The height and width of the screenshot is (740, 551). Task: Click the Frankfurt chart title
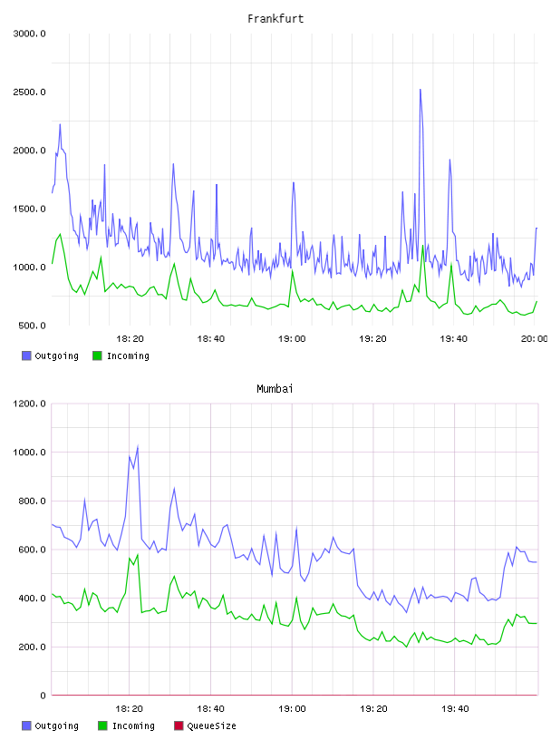point(275,19)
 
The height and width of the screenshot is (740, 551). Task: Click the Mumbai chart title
point(275,389)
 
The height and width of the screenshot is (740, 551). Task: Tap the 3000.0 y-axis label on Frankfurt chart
point(29,34)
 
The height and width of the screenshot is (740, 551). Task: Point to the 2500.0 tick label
point(29,92)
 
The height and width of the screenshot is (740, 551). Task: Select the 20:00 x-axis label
point(534,339)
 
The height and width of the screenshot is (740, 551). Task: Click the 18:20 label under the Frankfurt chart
point(130,339)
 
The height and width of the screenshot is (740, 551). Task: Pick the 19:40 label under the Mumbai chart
point(455,709)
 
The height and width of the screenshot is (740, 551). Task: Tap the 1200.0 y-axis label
point(29,404)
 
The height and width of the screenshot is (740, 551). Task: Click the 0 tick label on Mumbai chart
point(43,696)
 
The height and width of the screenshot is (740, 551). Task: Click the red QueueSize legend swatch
point(179,725)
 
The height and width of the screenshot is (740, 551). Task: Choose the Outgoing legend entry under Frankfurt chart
point(51,355)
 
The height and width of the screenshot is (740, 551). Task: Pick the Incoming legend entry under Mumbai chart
point(127,725)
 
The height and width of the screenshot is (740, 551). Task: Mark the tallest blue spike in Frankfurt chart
point(420,89)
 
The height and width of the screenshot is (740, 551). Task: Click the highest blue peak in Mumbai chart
point(137,446)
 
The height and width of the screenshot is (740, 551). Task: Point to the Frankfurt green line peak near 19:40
point(451,264)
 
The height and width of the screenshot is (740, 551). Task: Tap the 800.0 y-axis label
point(29,501)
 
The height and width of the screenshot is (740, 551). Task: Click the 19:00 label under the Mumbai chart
point(292,709)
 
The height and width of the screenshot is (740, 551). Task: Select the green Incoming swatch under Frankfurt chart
point(97,355)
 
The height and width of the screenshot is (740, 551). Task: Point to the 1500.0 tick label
point(29,209)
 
